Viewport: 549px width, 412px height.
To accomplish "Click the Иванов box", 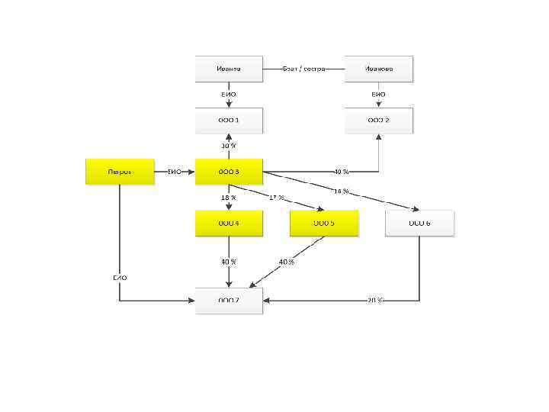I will pyautogui.click(x=229, y=69).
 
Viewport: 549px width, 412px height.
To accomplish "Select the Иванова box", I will pyautogui.click(x=379, y=69).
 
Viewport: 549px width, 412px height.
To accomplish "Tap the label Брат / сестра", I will pyautogui.click(x=303, y=69).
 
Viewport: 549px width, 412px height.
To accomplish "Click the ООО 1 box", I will pyautogui.click(x=229, y=121).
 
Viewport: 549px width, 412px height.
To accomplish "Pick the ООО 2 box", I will pyautogui.click(x=379, y=121).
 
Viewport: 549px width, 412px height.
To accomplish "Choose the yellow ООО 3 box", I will pyautogui.click(x=229, y=172).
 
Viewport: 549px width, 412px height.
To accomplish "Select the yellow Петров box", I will pyautogui.click(x=120, y=172).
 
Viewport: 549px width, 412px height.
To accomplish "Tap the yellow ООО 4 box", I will pyautogui.click(x=229, y=223).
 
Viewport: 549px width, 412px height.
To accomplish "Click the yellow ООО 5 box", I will pyautogui.click(x=324, y=223).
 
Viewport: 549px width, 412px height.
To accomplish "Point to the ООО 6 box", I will pyautogui.click(x=419, y=223).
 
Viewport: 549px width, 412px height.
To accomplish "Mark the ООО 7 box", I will pyautogui.click(x=229, y=301).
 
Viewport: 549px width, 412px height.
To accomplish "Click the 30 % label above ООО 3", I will pyautogui.click(x=229, y=146).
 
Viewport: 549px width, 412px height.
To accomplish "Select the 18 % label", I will pyautogui.click(x=229, y=198).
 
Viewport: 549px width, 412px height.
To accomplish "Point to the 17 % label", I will pyautogui.click(x=277, y=198).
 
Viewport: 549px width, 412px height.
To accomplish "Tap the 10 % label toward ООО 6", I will pyautogui.click(x=341, y=191).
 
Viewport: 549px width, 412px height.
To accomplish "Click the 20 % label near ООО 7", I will pyautogui.click(x=375, y=301).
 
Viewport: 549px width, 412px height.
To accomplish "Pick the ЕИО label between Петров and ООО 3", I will pyautogui.click(x=174, y=172).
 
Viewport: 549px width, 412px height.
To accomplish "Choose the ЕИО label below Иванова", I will pyautogui.click(x=379, y=95).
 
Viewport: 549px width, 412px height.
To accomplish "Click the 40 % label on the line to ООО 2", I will pyautogui.click(x=341, y=172).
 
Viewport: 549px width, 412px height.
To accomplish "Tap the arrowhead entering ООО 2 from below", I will pyautogui.click(x=379, y=137).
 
